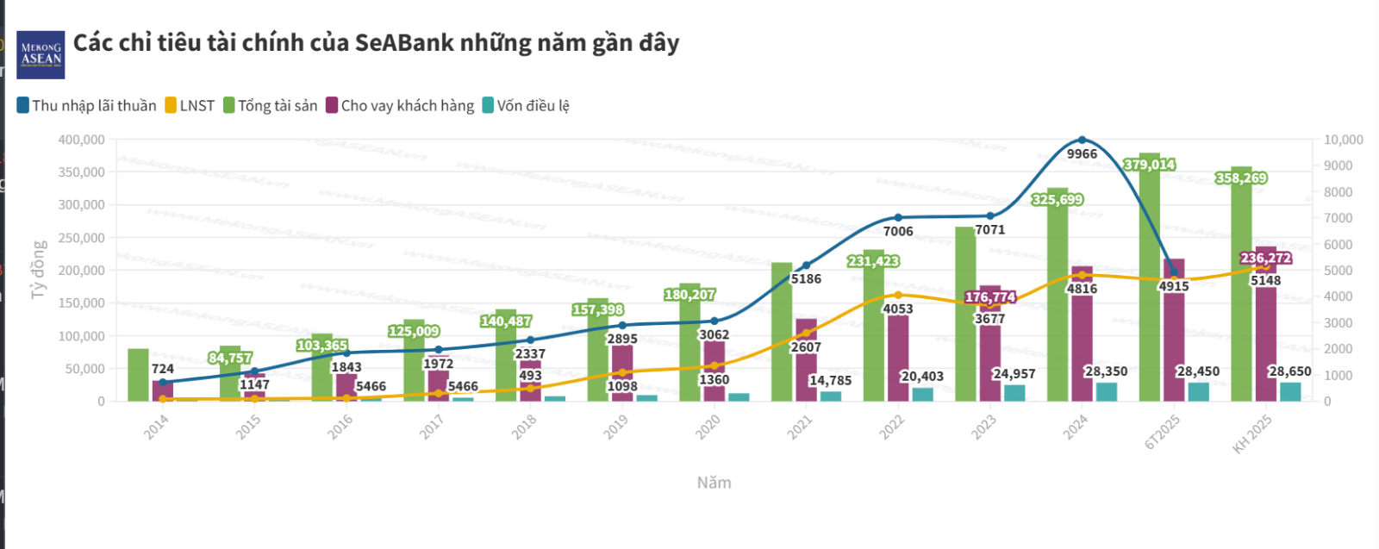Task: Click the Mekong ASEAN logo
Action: pos(41,54)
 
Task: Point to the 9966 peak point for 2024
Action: pos(1082,140)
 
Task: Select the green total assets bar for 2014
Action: pos(138,375)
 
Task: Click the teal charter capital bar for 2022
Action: pos(922,394)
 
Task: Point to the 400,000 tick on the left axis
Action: pos(82,140)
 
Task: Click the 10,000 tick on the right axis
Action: pos(1343,140)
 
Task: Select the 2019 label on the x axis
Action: pos(615,427)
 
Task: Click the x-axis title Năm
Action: pos(714,483)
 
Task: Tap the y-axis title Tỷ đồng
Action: pos(38,270)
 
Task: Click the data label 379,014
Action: pos(1149,165)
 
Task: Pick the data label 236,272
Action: pos(1265,259)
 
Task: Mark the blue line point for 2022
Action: pos(898,217)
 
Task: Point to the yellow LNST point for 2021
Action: pos(806,333)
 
